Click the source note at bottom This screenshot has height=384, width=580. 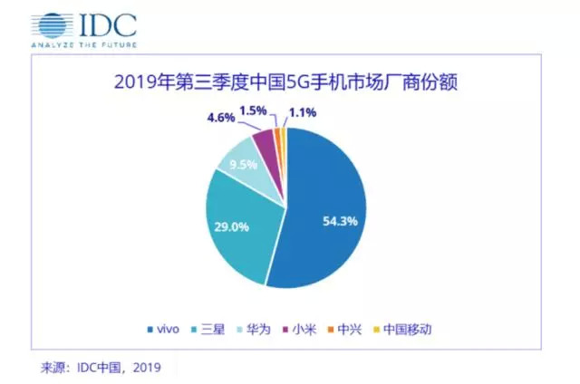[99, 368]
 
